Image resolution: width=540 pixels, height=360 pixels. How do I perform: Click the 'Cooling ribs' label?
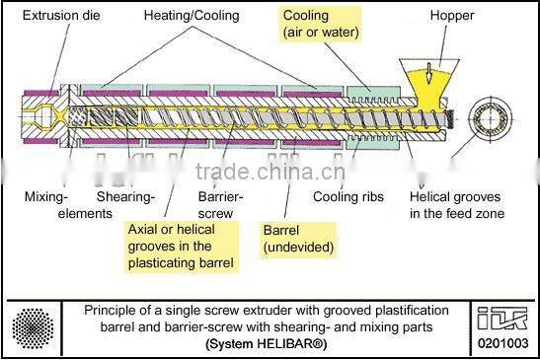pyautogui.click(x=347, y=196)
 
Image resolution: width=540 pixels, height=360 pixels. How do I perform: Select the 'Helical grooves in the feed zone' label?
pyautogui.click(x=457, y=204)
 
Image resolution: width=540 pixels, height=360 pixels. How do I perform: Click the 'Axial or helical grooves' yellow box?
pyautogui.click(x=184, y=245)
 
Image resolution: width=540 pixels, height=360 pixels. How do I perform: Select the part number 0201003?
pyautogui.click(x=507, y=344)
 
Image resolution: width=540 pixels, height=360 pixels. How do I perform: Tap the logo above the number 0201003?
pyautogui.click(x=507, y=317)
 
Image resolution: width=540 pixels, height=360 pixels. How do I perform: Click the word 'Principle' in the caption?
pyautogui.click(x=111, y=310)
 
